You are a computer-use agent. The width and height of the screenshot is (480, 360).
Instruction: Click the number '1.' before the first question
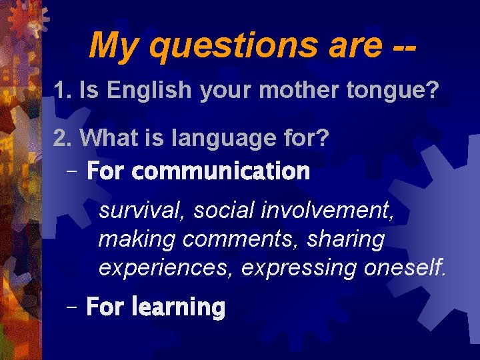pyautogui.click(x=63, y=90)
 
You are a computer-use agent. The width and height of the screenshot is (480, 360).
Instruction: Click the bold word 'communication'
pyautogui.click(x=221, y=171)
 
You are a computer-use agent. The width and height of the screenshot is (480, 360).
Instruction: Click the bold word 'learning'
pyautogui.click(x=179, y=307)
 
